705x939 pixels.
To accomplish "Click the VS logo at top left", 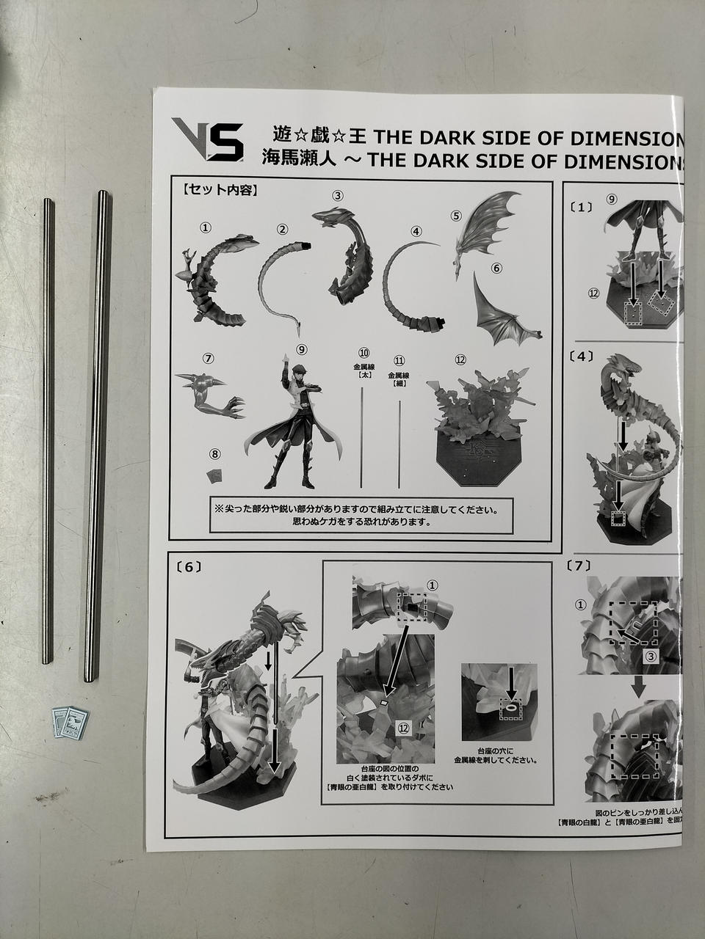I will click(207, 139).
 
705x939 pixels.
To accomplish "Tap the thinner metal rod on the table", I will click(48, 431).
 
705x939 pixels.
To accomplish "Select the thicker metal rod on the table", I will click(97, 436).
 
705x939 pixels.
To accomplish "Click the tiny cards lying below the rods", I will click(71, 721).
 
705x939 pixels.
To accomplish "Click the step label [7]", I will click(580, 566).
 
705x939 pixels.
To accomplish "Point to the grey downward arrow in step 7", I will click(639, 687).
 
